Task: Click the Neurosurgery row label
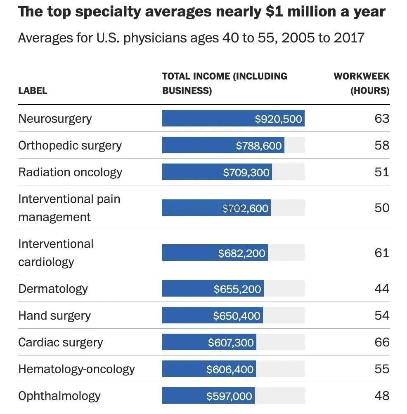click(55, 119)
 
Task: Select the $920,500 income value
click(278, 119)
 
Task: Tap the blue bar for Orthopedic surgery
click(223, 145)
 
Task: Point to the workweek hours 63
click(381, 119)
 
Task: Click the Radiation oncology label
click(70, 172)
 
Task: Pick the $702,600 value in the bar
click(246, 208)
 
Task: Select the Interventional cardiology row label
click(56, 253)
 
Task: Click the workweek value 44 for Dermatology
click(381, 288)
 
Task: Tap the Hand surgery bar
click(212, 316)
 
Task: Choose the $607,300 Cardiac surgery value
click(231, 343)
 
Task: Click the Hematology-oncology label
click(76, 369)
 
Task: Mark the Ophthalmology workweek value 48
click(381, 396)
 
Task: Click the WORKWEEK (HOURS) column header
click(362, 83)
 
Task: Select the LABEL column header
click(33, 91)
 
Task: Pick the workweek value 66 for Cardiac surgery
click(381, 342)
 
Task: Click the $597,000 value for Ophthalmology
click(229, 396)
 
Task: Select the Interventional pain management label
click(69, 208)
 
